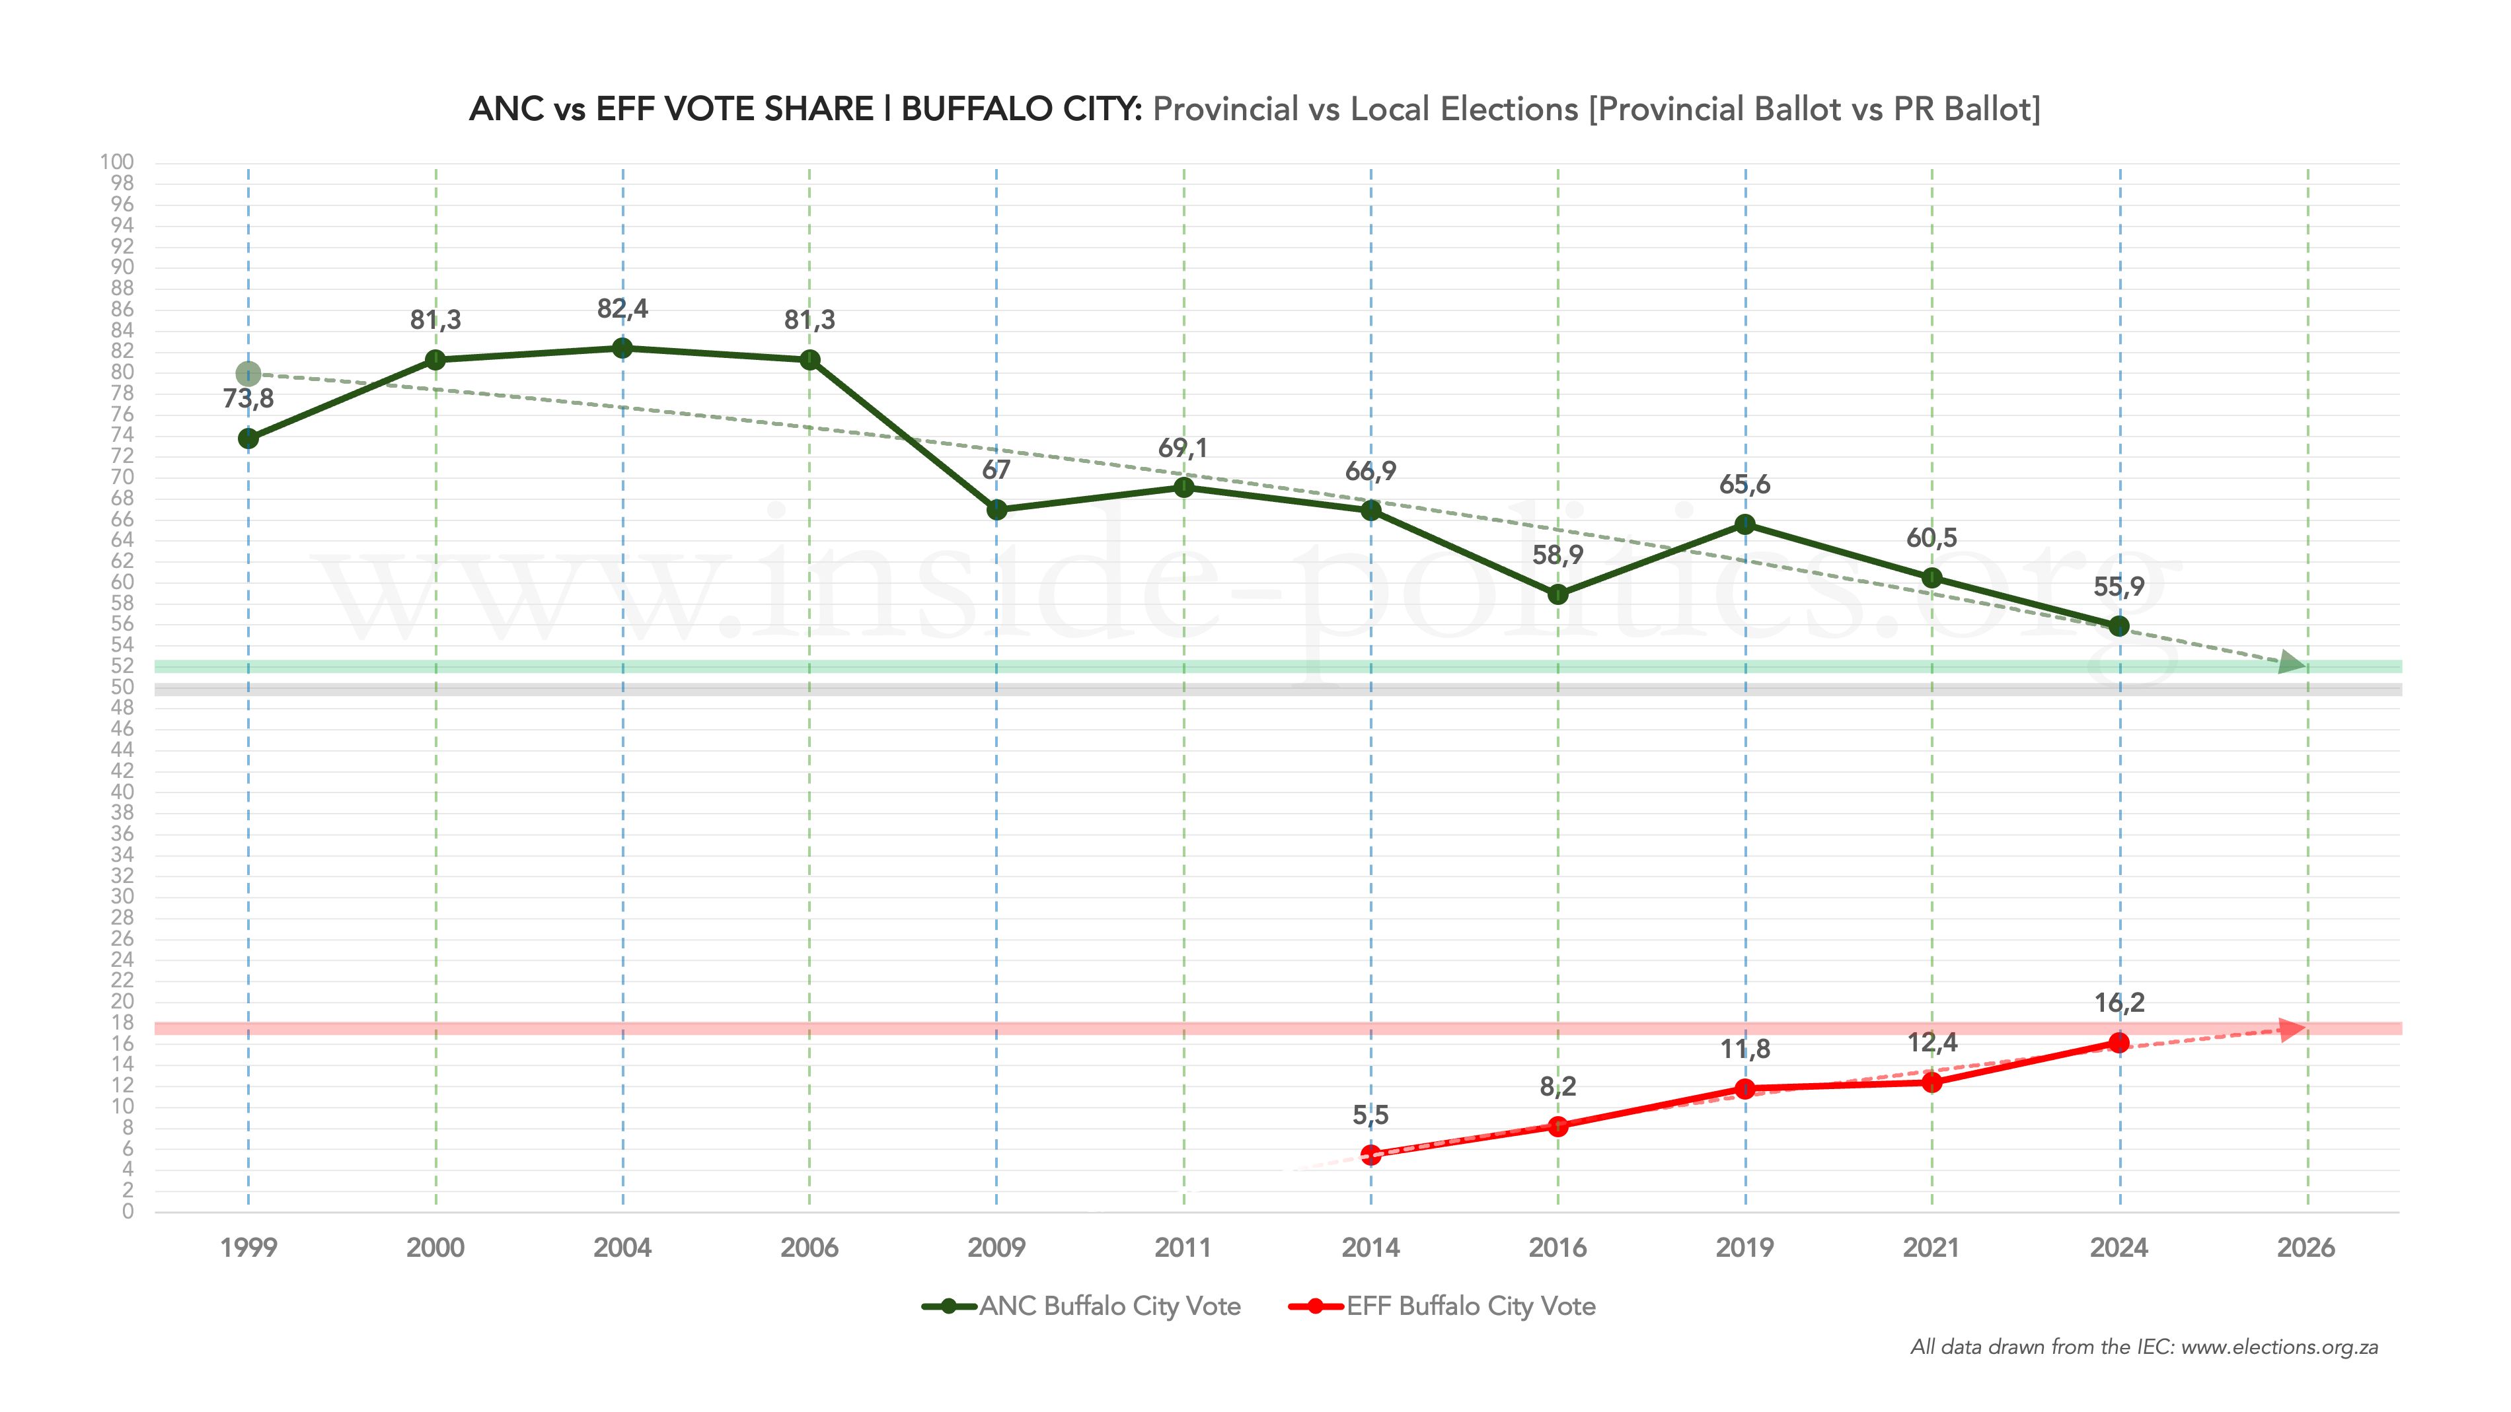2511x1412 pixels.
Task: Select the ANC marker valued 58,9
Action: tap(1557, 594)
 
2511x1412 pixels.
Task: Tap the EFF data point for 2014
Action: tap(1370, 1154)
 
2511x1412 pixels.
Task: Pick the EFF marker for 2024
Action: tap(2119, 1043)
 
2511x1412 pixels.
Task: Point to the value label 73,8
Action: tap(248, 398)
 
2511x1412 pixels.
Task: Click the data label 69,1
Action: tap(1182, 448)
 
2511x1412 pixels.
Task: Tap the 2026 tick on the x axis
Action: tap(2306, 1248)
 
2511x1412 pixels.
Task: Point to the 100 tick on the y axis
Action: tap(117, 162)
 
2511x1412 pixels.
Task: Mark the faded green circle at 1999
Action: tap(248, 373)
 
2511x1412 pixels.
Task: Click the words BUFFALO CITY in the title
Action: tap(1020, 109)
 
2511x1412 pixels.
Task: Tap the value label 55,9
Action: tap(2119, 586)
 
